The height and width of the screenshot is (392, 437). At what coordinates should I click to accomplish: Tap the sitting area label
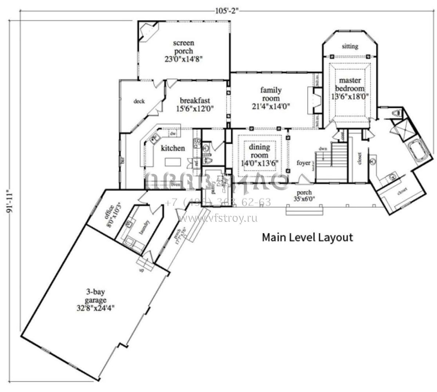coord(350,46)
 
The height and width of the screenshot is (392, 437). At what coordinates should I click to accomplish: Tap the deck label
coord(139,101)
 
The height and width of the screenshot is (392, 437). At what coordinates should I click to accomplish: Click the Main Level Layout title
coord(307,237)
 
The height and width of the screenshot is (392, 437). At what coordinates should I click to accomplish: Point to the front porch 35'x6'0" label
coord(304,195)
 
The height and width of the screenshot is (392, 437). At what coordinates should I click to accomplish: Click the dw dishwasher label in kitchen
coord(172,134)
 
